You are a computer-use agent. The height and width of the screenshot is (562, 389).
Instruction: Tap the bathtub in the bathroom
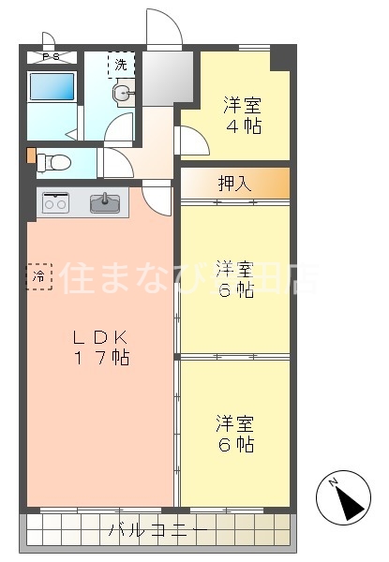[52, 87]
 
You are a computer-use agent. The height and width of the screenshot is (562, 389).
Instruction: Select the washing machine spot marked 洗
[122, 65]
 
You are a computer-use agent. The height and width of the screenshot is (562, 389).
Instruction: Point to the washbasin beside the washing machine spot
[123, 93]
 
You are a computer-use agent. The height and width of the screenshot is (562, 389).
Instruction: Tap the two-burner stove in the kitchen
[55, 201]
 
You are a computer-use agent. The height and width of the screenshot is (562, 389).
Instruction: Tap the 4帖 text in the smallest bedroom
[241, 126]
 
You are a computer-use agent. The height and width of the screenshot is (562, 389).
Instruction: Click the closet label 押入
[234, 183]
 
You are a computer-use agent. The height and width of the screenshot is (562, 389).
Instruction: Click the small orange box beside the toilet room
[31, 155]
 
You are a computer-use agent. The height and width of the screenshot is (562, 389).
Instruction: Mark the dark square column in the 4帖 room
[280, 57]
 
